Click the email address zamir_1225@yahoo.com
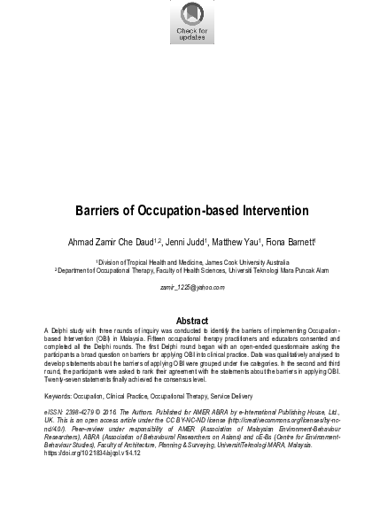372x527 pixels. [x=186, y=289]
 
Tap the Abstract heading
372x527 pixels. [x=186, y=320]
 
